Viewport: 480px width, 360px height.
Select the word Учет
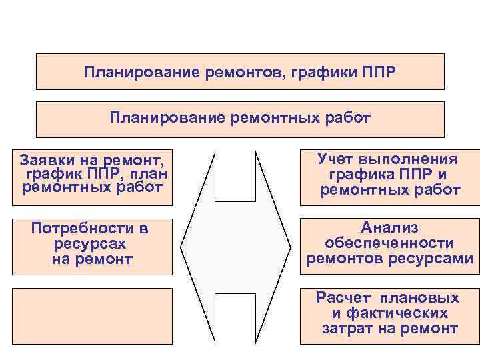[339, 159]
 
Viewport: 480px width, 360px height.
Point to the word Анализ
[389, 227]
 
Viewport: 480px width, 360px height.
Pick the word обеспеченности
[389, 243]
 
